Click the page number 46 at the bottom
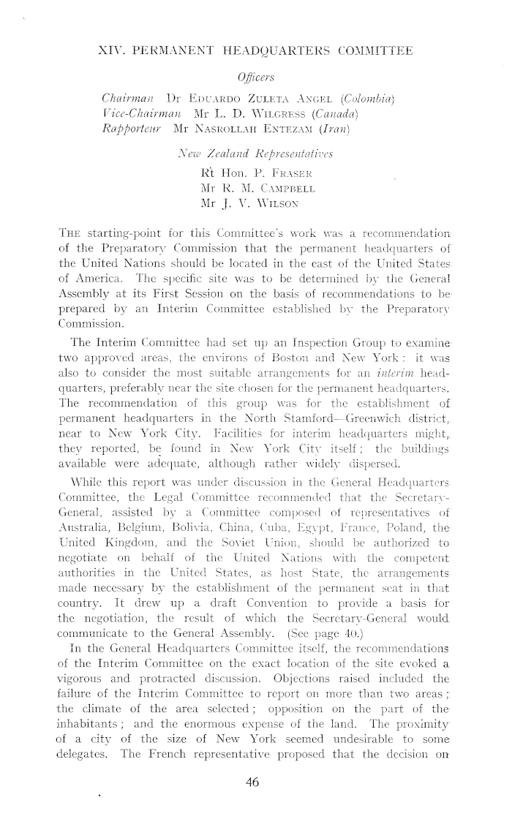click(253, 782)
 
